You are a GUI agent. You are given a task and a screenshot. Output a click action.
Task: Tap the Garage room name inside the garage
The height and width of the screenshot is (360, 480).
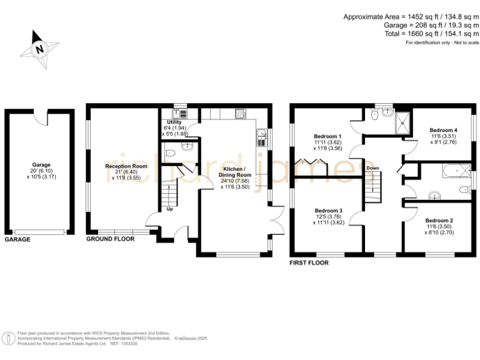pyautogui.click(x=41, y=165)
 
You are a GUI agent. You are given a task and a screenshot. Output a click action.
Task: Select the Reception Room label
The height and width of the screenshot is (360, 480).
pyautogui.click(x=126, y=166)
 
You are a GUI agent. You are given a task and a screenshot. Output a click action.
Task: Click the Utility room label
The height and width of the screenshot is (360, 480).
pyautogui.click(x=174, y=122)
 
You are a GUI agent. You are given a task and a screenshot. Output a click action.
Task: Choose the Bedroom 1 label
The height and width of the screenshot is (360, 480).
pyautogui.click(x=327, y=136)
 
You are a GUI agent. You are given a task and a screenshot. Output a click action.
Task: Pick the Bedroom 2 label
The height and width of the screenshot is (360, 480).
pyautogui.click(x=439, y=220)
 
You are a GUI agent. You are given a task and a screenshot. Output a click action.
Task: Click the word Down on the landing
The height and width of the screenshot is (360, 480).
pyautogui.click(x=372, y=168)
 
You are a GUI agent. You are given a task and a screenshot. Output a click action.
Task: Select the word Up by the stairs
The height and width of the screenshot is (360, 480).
pyautogui.click(x=170, y=209)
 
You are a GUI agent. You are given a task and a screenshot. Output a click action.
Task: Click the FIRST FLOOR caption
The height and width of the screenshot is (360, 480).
pyautogui.click(x=309, y=263)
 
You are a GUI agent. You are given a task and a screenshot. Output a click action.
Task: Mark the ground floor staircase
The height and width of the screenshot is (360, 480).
pyautogui.click(x=169, y=191)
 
